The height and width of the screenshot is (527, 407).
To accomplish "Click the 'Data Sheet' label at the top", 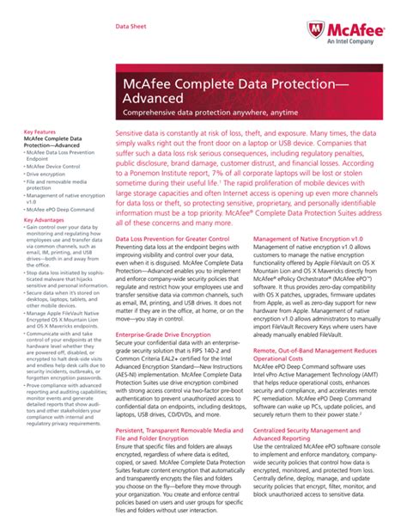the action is click(131, 27).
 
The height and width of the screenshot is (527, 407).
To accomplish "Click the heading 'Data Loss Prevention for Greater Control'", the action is click(173, 237).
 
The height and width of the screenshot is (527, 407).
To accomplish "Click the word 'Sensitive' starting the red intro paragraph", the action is click(136, 136).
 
